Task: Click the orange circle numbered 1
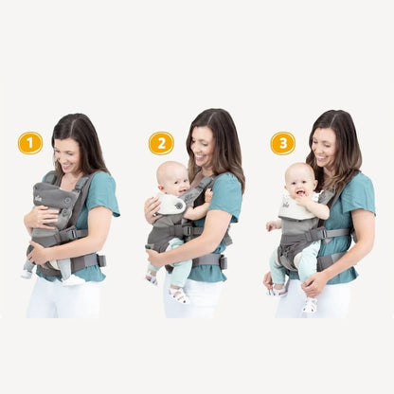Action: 30,143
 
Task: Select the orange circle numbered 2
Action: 161,143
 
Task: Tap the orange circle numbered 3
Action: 282,143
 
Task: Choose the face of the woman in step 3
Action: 325,147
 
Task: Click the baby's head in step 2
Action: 171,177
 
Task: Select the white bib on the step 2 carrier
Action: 171,204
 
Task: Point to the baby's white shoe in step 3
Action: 310,305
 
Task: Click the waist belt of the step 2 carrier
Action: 208,259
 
